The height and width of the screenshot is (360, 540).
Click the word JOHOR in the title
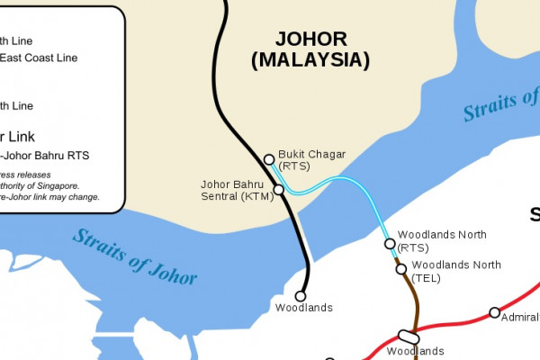310,40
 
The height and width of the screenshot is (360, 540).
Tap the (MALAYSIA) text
310,60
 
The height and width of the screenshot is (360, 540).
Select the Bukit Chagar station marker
269,159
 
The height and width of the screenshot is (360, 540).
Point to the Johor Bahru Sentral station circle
278,189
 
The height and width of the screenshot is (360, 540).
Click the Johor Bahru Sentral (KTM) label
236,190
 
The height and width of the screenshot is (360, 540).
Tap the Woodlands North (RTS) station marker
390,243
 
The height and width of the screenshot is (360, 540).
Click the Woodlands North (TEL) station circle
401,268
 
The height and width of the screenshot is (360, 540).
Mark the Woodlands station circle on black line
301,295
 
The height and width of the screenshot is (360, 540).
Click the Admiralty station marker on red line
494,312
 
